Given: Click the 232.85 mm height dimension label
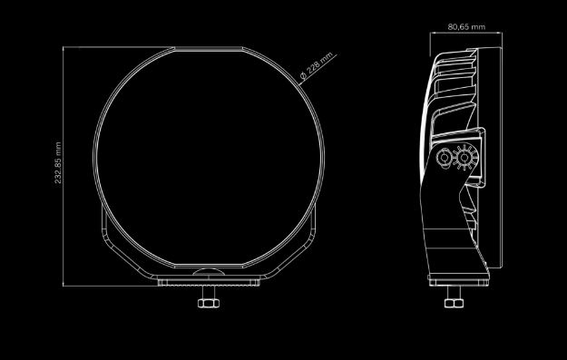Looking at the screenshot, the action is [x=58, y=162].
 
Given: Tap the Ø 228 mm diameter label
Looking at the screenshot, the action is [x=317, y=66].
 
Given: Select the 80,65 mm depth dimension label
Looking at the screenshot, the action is [x=466, y=26].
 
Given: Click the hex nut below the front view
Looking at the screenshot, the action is [x=209, y=303].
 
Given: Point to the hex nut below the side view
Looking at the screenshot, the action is [x=454, y=303].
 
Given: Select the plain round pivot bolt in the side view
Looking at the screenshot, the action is [x=444, y=158].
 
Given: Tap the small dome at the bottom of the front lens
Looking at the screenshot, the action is [x=209, y=272].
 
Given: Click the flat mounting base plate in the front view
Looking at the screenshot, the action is [x=209, y=281].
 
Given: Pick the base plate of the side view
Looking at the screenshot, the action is [x=459, y=280].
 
